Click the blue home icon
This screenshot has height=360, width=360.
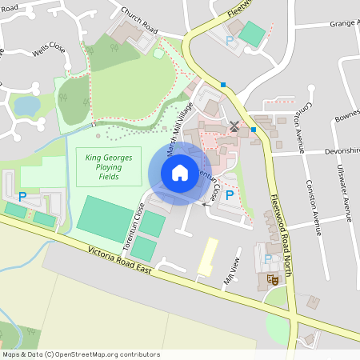coord(180,172)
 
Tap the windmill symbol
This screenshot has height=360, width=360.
coord(234,126)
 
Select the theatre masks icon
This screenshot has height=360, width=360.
coord(272,279)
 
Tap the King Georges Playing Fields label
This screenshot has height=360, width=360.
coord(108,166)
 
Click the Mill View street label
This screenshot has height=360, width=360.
coord(232,277)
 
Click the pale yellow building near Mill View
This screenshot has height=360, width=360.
coord(207,256)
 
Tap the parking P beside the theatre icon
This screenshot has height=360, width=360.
coord(267,258)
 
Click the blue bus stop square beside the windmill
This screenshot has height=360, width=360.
coord(253,130)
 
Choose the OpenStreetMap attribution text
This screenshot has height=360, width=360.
coord(81,354)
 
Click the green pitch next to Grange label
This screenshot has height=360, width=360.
coord(252,34)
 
